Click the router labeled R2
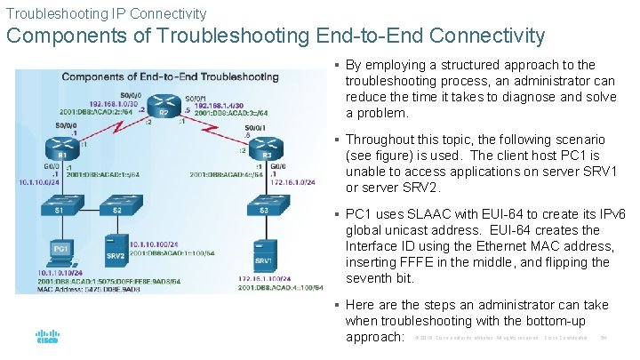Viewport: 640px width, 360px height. pos(163,105)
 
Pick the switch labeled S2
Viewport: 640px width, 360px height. pos(117,210)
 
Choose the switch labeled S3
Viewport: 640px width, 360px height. pos(265,210)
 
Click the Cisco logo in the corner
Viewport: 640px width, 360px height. pos(47,337)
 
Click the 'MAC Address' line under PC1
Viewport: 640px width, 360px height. pos(87,290)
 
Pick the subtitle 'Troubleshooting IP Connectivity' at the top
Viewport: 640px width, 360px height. pos(107,13)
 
